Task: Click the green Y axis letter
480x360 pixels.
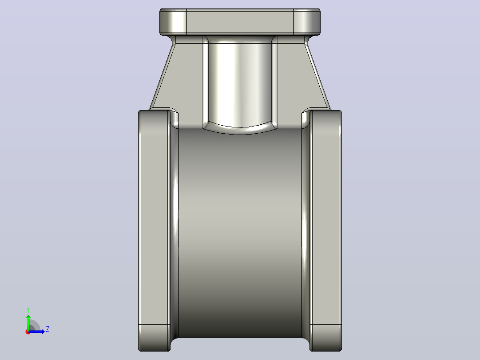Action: [28, 310]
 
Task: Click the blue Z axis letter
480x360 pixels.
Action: [48, 329]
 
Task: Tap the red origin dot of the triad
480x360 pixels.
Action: [28, 332]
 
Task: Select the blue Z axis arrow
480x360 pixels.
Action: [37, 331]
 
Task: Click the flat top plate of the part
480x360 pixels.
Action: [240, 21]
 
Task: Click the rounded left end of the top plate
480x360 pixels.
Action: [173, 21]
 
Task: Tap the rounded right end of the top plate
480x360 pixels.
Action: [307, 21]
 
